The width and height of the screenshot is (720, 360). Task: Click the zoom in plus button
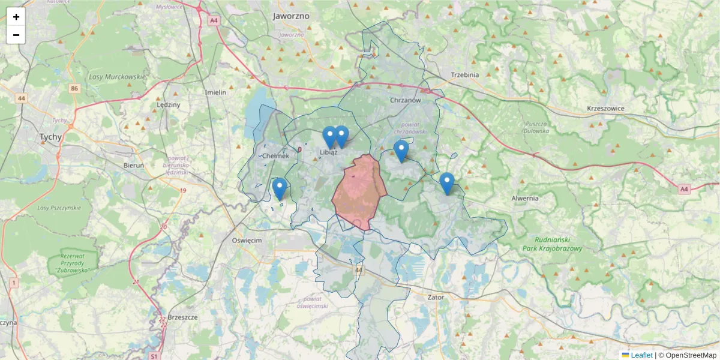coord(16,17)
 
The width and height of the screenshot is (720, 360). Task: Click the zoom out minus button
coord(16,35)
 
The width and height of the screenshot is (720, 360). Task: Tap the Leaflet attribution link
coord(641,355)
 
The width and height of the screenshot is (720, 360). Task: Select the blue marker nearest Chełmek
coord(279,188)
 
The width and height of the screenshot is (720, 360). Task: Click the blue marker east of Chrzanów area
coord(401,151)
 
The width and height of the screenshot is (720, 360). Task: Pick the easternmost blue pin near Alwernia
coord(446,183)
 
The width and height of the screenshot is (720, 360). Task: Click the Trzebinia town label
coord(464,75)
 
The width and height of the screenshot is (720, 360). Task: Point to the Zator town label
coord(436,297)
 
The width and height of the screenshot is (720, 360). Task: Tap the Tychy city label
coord(50,137)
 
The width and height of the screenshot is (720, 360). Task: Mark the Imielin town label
coord(215,92)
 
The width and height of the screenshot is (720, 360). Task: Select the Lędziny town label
coord(168,104)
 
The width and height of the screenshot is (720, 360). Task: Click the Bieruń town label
coord(133,164)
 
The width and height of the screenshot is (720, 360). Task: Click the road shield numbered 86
coord(74,89)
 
